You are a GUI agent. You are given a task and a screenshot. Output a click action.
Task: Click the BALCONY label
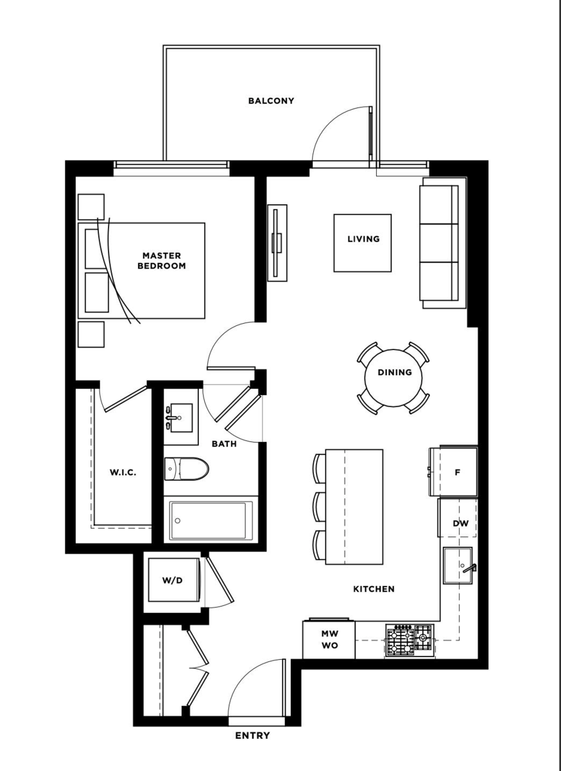pos(271,101)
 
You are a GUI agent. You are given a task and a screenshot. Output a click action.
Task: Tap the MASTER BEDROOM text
pos(162,260)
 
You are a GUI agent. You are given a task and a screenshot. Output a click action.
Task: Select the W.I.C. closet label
pos(122,473)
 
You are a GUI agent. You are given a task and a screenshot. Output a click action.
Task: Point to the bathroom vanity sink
pos(180,418)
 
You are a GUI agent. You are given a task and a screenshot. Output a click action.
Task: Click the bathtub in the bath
pos(211,520)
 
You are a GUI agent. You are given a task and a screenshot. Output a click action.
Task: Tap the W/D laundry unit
pos(173,580)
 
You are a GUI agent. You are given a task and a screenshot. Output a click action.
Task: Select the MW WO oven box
pos(329,639)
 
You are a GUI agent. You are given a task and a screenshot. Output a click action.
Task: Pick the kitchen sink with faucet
pos(458,565)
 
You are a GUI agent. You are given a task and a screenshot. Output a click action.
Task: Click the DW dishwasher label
pos(460,524)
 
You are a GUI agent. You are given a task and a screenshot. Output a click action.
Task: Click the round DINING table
pos(393,377)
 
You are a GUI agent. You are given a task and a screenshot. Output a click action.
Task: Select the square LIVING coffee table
pos(363,243)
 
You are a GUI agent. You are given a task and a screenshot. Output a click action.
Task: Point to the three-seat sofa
pos(440,243)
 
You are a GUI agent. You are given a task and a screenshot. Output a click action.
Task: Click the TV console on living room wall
pos(278,243)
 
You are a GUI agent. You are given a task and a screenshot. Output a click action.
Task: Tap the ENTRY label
pos(252,736)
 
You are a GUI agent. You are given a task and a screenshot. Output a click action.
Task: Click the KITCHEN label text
pos(374,589)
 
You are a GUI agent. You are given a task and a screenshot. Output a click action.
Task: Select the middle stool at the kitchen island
pos(319,506)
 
